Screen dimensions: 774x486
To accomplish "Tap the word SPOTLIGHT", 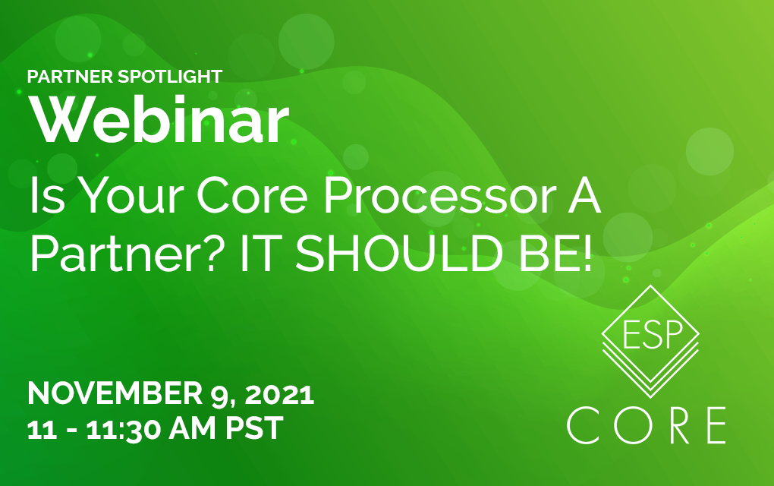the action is point(170,77).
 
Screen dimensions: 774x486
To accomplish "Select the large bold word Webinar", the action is point(159,119).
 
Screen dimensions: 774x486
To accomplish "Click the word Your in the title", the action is point(132,196).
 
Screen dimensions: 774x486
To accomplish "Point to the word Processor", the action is point(440,196).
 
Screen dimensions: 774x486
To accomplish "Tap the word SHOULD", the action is point(399,254).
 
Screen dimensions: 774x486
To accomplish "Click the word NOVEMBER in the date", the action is point(115,393).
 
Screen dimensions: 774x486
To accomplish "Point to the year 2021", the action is point(279,393).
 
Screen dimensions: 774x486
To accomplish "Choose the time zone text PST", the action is point(255,428).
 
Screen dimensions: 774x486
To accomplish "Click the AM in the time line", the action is point(193,428).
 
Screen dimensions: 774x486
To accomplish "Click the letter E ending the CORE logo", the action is point(717,425).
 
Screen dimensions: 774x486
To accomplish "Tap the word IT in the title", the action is point(257,254).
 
